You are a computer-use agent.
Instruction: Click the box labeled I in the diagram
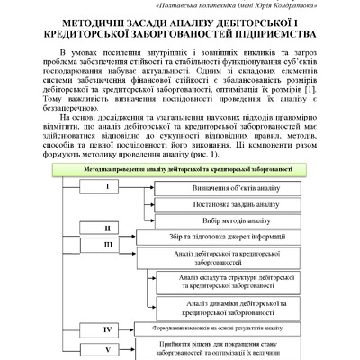point(107,187)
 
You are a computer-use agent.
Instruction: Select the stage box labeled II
point(107,229)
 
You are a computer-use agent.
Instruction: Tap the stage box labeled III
point(107,244)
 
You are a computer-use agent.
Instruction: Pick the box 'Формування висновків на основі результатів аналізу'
point(215,329)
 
